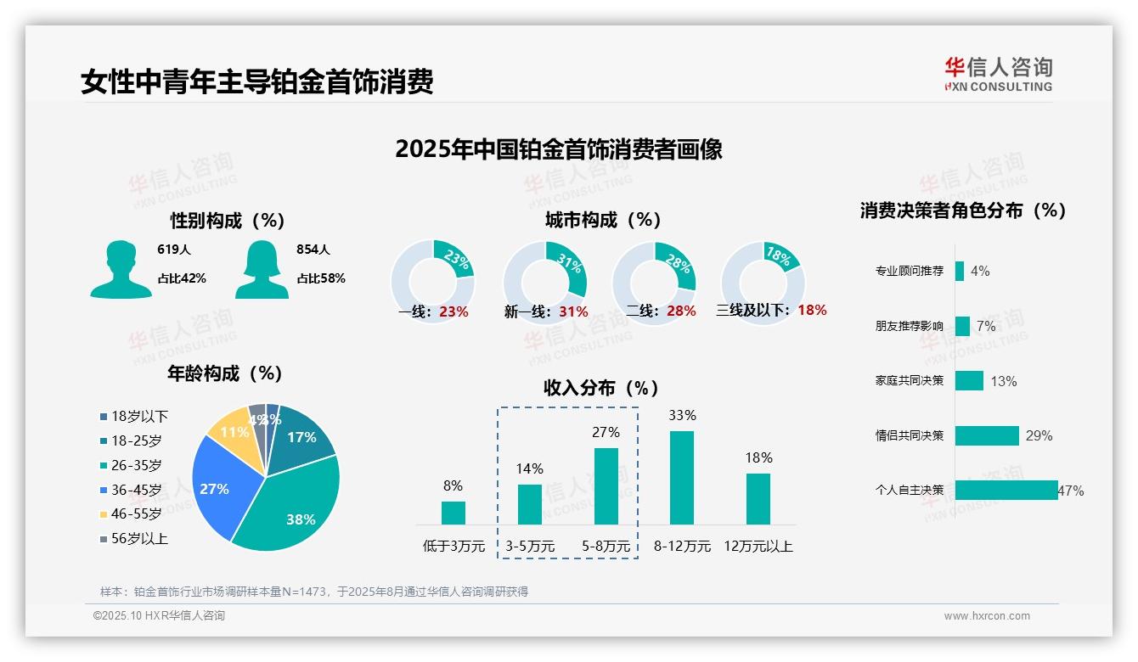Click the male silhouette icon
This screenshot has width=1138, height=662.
[x=121, y=270]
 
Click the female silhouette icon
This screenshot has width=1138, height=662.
[x=262, y=270]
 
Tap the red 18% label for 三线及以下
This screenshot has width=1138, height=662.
[x=812, y=310]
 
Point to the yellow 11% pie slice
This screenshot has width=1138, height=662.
[x=230, y=433]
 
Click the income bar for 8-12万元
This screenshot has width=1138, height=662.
[x=682, y=478]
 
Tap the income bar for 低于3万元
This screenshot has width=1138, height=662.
[x=454, y=513]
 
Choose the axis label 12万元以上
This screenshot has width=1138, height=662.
[x=758, y=546]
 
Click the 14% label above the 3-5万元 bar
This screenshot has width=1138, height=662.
[x=530, y=468]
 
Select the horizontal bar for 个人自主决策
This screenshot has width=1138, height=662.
[x=1006, y=490]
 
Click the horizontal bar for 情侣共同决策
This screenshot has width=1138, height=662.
[x=987, y=435]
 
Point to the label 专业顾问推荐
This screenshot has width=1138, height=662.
[x=910, y=272]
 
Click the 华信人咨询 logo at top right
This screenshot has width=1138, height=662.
[x=998, y=74]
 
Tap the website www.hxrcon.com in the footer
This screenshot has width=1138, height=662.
[x=987, y=616]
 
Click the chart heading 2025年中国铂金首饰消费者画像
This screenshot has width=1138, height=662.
[x=559, y=149]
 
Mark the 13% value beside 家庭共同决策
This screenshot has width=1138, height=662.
[x=1003, y=381]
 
